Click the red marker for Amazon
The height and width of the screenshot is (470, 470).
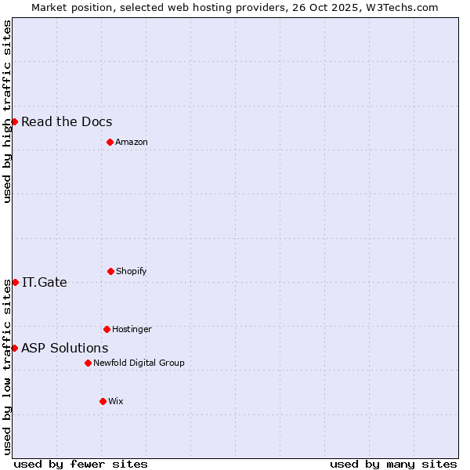110,142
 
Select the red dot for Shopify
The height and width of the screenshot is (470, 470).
110,271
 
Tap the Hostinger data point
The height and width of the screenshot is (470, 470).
107,329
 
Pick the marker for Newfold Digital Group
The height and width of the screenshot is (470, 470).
88,363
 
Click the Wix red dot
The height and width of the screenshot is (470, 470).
103,401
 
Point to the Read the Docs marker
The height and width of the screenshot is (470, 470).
14,121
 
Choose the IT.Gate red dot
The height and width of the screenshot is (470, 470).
15,282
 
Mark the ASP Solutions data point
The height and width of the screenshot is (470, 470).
14,348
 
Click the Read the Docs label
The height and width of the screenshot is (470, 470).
67,121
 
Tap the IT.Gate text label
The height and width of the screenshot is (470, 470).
45,282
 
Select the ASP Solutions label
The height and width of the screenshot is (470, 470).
65,348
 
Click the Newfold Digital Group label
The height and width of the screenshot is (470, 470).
139,363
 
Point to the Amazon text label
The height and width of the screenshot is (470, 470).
132,142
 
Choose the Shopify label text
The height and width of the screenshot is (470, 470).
132,271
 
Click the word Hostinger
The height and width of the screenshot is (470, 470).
132,329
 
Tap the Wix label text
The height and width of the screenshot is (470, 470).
116,401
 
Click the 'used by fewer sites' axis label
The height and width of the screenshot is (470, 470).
81,464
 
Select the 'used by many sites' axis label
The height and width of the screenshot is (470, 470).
393,464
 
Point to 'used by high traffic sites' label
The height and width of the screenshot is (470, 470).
7,111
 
